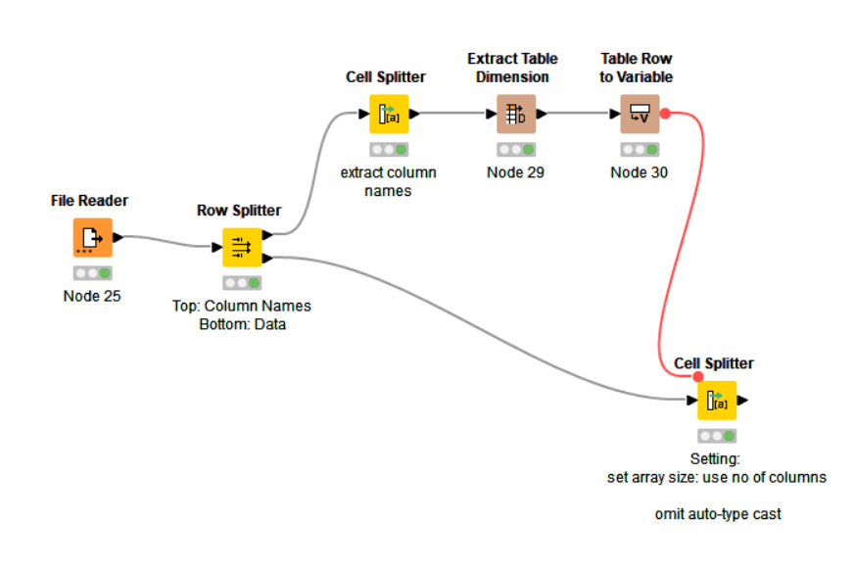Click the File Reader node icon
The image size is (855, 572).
(x=91, y=237)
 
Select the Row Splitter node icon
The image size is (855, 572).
(x=241, y=247)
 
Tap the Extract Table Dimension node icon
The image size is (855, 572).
(x=515, y=115)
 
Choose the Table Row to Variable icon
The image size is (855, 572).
(x=639, y=115)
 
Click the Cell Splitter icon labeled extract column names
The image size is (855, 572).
(x=388, y=115)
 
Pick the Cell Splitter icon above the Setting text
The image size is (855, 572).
(x=716, y=401)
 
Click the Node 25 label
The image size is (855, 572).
(x=92, y=296)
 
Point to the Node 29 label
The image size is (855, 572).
(x=515, y=173)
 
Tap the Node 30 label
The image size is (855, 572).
(x=639, y=173)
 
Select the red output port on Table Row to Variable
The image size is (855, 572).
(x=665, y=114)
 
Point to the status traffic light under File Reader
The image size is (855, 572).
(x=92, y=273)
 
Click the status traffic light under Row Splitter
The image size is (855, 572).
(x=241, y=283)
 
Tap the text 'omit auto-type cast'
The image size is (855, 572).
(x=718, y=513)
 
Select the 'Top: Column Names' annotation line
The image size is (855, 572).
(x=241, y=306)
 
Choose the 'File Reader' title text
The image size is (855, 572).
(x=89, y=201)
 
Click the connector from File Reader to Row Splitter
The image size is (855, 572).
(x=166, y=240)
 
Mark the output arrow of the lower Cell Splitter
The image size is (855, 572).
(x=742, y=401)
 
